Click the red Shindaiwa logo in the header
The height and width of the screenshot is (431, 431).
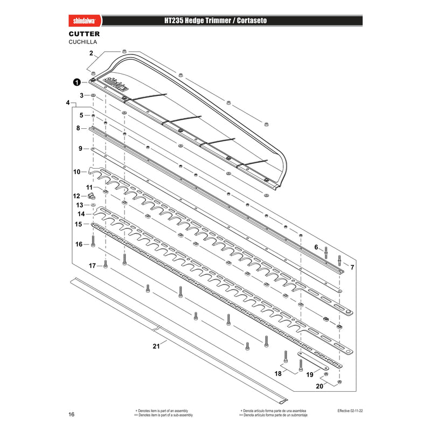(x=85, y=20)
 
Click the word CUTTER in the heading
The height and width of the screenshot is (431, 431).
(x=84, y=34)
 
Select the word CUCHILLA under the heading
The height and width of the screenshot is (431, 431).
(x=83, y=42)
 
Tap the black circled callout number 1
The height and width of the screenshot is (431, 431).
(x=77, y=82)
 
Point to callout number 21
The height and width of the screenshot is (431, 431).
(x=156, y=346)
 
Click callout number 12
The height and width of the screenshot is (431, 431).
(x=77, y=196)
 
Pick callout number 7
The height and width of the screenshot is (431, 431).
(x=352, y=267)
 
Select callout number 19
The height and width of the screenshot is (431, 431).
(x=309, y=374)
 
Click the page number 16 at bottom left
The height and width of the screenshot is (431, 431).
(x=72, y=414)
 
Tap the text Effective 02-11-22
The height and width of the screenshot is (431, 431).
(x=350, y=411)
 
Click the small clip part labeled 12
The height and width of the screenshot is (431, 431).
(x=92, y=196)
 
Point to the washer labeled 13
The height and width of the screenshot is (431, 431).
(x=93, y=205)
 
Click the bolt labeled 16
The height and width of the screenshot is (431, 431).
(x=93, y=241)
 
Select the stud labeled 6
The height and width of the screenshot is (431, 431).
(x=326, y=253)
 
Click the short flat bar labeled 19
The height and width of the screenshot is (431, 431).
(x=313, y=360)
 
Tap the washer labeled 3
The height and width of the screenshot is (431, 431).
(x=93, y=95)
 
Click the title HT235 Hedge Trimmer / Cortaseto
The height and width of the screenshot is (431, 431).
(x=215, y=20)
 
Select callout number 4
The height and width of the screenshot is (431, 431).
(x=68, y=102)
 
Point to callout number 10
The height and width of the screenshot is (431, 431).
(x=77, y=172)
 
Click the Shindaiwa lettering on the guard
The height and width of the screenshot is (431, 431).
(x=116, y=84)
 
